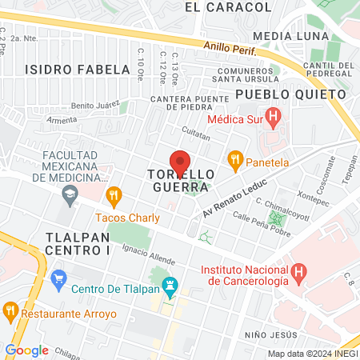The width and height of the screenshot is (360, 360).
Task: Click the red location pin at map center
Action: click(180, 162)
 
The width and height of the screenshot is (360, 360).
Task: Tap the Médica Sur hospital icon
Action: click(274, 120)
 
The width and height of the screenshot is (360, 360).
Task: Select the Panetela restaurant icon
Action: click(234, 159)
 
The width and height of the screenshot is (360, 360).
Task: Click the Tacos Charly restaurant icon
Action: click(114, 194)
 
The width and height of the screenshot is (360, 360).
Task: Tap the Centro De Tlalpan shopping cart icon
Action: click(58, 279)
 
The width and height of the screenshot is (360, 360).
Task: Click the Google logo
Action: click(26, 350)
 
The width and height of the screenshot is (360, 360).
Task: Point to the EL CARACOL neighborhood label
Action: click(228, 7)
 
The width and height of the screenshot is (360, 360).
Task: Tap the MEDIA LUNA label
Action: click(290, 36)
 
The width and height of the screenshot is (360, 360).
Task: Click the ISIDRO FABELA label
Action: click(77, 69)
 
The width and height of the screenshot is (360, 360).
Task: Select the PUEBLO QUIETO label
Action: click(291, 94)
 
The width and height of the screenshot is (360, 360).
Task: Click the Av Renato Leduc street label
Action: click(230, 198)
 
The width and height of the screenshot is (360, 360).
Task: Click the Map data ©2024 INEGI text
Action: click(313, 353)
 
